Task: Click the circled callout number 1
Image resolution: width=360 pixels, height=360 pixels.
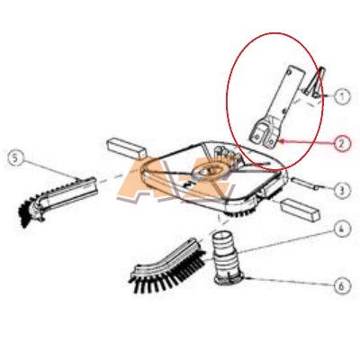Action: [342, 96]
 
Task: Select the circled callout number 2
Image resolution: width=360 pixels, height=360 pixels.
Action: [342, 143]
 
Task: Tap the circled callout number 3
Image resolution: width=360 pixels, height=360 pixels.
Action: [342, 189]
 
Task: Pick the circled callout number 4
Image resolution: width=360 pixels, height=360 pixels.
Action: [342, 229]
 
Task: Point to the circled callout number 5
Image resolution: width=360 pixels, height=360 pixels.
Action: [16, 158]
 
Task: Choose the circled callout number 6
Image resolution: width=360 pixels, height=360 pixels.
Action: [342, 286]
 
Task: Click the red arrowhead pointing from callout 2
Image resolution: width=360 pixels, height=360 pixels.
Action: [282, 140]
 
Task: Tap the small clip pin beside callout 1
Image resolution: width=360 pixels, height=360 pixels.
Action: [312, 83]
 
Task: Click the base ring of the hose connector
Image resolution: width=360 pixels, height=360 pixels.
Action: [230, 278]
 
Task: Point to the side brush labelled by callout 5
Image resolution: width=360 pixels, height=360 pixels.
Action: [57, 200]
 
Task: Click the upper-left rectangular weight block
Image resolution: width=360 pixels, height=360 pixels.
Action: [126, 148]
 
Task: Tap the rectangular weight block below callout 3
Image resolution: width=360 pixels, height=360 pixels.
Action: [300, 211]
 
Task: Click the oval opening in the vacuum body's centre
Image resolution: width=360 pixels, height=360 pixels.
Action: [208, 171]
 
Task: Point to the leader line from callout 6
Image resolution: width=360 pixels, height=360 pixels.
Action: [289, 282]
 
